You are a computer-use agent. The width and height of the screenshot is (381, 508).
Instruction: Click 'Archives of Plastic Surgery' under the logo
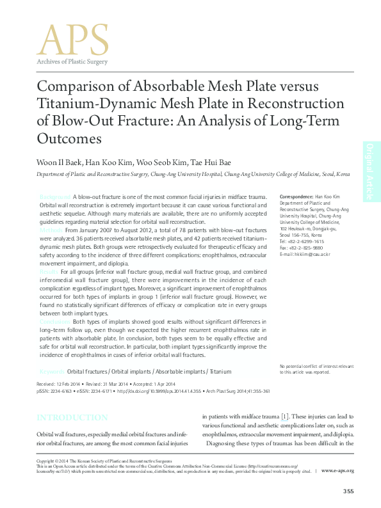[x=72, y=61]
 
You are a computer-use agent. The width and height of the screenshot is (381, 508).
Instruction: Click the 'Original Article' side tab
[x=371, y=170]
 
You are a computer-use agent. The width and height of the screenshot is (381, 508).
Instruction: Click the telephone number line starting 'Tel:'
[x=302, y=241]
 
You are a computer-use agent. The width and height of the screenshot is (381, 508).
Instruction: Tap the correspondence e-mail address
[x=306, y=254]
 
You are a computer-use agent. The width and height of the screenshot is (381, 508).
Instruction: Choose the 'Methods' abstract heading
[x=52, y=228]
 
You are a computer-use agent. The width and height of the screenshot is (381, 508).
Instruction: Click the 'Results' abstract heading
[x=51, y=272]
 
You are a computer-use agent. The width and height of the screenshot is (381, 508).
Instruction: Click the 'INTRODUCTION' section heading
[x=72, y=418]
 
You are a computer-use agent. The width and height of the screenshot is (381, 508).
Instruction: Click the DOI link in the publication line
[x=157, y=390]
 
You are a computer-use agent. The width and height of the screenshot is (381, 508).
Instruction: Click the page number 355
[x=348, y=491]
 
